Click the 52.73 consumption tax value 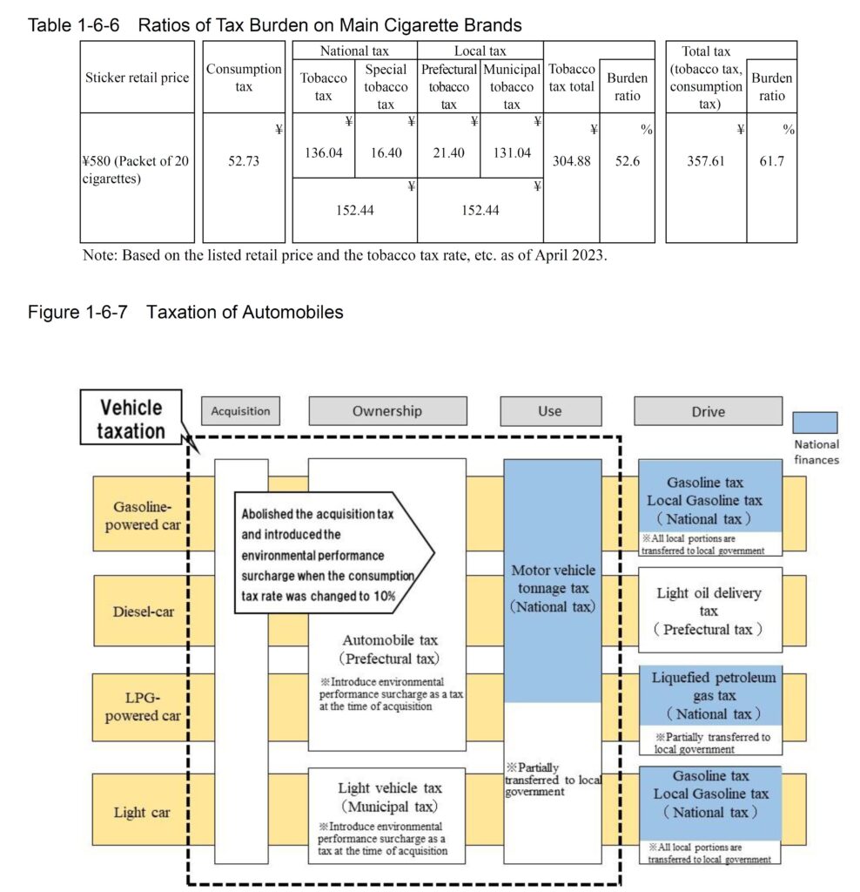point(244,161)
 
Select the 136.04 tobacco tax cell point(322,152)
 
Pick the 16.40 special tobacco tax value point(386,152)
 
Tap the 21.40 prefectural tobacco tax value point(448,152)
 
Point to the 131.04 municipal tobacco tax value point(512,152)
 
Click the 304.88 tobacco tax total point(571,161)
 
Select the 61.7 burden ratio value point(771,161)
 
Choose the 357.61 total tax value point(705,161)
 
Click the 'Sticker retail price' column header point(137,78)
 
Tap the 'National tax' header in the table point(354,51)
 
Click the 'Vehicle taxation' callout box point(131,419)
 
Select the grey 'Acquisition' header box point(241,411)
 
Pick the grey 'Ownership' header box point(386,411)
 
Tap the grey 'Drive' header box point(708,411)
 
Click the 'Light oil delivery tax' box point(709,611)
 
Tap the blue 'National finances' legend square point(816,422)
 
